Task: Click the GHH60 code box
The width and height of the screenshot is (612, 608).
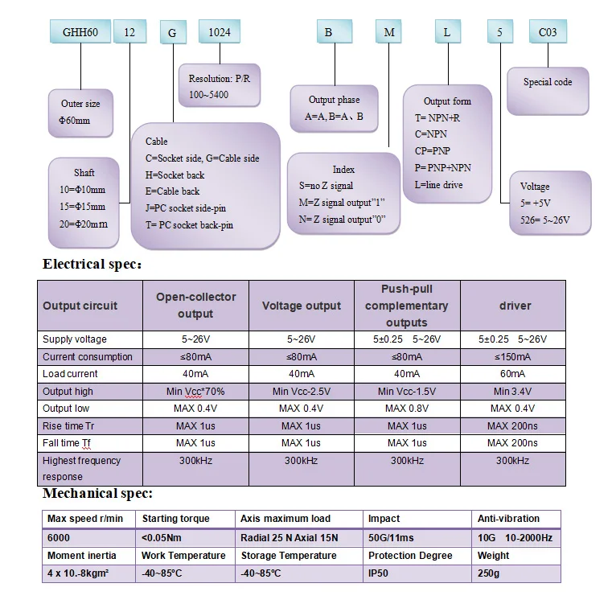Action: [80, 31]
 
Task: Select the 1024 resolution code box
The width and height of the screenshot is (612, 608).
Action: [220, 31]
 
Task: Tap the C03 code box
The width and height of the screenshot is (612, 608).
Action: [548, 31]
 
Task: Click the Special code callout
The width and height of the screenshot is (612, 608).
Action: [548, 91]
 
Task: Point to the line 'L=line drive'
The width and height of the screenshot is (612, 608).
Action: [439, 185]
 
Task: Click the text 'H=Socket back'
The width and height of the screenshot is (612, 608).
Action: [175, 175]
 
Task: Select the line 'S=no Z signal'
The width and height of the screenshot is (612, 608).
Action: [326, 186]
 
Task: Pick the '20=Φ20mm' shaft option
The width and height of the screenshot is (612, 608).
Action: [84, 224]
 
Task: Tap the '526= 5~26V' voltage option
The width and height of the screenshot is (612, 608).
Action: [545, 220]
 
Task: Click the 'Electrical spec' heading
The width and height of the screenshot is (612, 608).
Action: [92, 265]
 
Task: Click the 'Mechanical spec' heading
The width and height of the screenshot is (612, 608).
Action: [97, 493]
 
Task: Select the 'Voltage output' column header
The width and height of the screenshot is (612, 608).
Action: [302, 306]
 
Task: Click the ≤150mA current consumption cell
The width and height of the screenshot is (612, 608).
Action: [513, 357]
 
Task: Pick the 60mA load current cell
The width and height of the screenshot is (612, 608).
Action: [513, 374]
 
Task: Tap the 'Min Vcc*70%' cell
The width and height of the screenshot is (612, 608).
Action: [195, 392]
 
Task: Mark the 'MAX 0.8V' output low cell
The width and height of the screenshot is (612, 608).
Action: [407, 409]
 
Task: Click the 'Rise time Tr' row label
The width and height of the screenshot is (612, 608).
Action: [68, 425]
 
